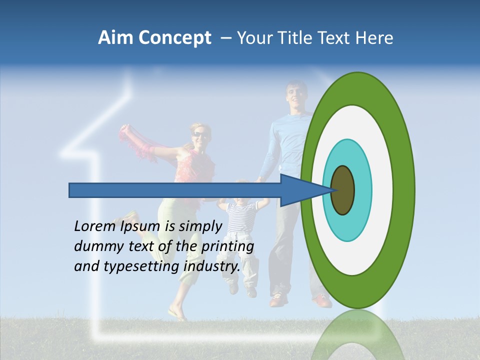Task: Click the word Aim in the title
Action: point(115,38)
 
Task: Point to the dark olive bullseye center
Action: point(342,190)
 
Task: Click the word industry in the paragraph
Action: point(211,266)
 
